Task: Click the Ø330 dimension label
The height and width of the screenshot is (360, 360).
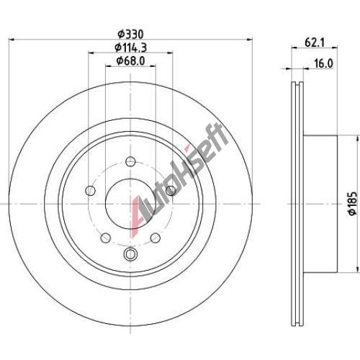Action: point(130,35)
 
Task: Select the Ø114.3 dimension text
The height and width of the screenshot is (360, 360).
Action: point(130,48)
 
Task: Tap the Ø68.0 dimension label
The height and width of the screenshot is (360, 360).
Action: point(130,61)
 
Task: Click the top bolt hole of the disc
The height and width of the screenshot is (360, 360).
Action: point(130,161)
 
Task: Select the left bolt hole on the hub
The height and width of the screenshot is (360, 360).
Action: point(91,191)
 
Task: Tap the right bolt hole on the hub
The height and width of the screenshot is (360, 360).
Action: point(171,191)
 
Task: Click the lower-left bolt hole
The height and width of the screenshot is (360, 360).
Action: point(106,238)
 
